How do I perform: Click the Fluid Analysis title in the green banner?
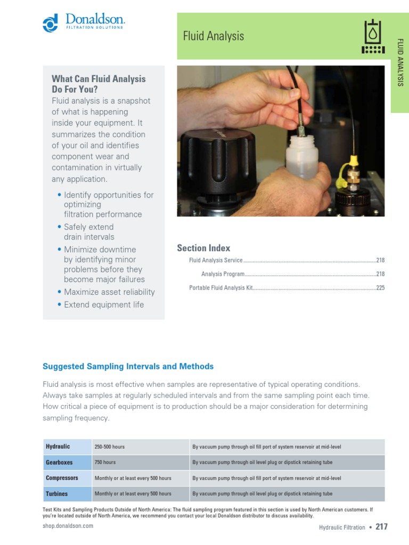click(213, 36)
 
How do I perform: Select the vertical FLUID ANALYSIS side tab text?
click(400, 62)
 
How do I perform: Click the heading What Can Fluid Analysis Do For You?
click(98, 84)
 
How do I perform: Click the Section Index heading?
click(203, 248)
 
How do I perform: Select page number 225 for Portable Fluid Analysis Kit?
click(380, 288)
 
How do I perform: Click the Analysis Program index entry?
click(223, 274)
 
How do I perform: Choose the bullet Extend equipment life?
click(103, 304)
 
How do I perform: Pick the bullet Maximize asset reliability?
click(109, 292)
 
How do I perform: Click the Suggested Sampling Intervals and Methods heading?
click(128, 366)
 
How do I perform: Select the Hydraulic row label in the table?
click(58, 447)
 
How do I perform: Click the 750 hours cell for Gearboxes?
click(105, 463)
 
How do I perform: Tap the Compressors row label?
click(62, 478)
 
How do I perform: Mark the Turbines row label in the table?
click(56, 494)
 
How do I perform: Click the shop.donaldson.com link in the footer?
click(68, 526)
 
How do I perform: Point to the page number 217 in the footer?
click(381, 527)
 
